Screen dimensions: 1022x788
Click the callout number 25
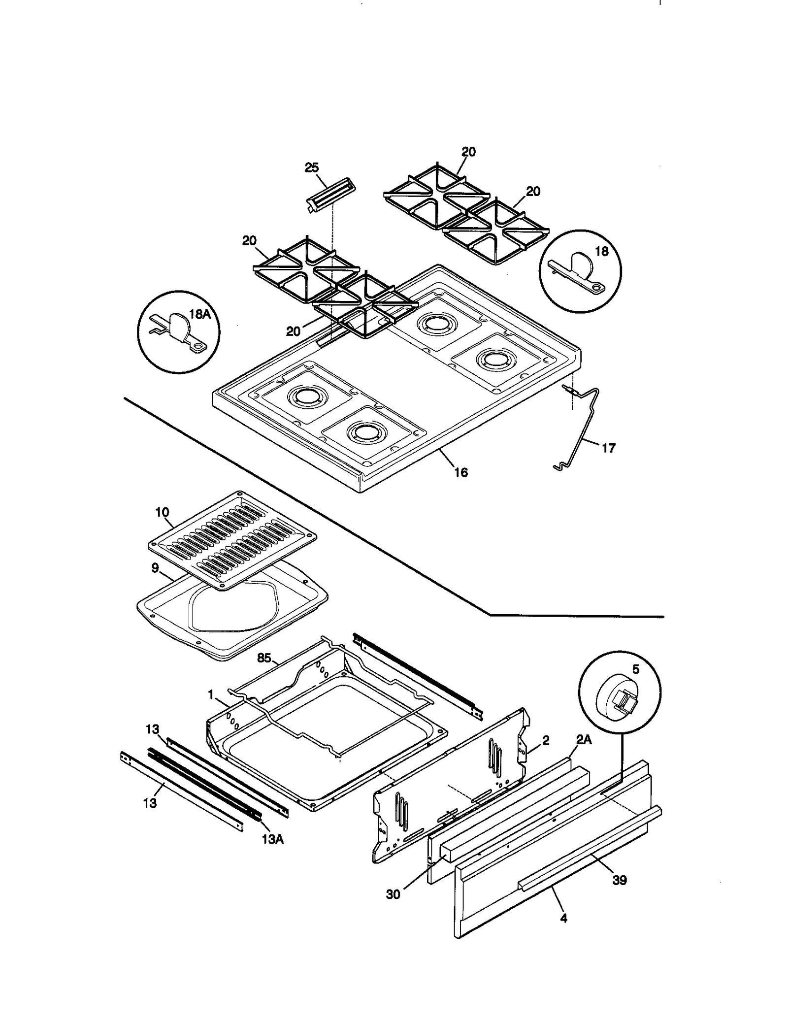coord(311,167)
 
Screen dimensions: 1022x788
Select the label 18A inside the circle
coord(200,314)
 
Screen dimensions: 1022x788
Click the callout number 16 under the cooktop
coord(460,472)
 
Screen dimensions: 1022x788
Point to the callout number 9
coord(155,568)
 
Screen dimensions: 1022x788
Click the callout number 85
coord(264,658)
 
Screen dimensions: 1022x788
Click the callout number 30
coord(393,894)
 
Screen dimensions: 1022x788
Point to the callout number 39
coord(619,880)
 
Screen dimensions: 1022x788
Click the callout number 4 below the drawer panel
coord(564,918)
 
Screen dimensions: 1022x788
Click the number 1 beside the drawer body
coord(211,695)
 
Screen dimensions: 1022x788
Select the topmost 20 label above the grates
coord(468,152)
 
